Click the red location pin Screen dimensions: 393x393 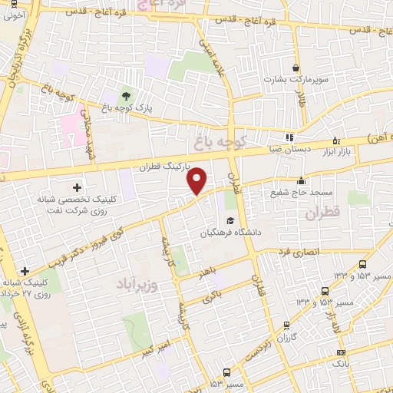pos(198,180)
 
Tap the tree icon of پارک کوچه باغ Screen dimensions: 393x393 pos(126,96)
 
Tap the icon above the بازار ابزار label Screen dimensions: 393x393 pos(336,140)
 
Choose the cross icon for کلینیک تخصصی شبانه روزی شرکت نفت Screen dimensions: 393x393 pos(77,187)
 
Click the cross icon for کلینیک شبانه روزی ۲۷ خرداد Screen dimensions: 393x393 pos(25,272)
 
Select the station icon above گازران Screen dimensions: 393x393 pos(287,325)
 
